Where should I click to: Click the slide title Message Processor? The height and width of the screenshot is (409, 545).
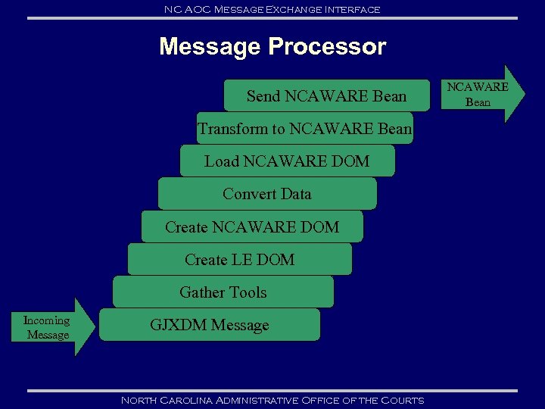coord(272,47)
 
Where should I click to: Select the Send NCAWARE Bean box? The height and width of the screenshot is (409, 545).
coord(326,96)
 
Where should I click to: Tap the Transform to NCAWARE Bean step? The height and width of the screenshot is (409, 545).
coord(304,129)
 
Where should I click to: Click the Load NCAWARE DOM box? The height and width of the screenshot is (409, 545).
coord(287,161)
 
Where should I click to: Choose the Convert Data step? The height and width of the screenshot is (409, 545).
coord(266,194)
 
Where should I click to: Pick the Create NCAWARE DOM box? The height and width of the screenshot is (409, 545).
coord(252,226)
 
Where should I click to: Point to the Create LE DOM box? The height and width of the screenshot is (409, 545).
coord(239,259)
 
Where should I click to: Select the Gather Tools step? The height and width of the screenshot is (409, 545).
coord(223,292)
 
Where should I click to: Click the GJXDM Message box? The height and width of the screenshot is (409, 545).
coord(209,325)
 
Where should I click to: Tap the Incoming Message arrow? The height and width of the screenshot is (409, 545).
coord(49,327)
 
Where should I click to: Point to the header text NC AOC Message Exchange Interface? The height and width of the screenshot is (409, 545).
coord(272,9)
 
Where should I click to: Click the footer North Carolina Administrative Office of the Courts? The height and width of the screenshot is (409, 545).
coord(272,400)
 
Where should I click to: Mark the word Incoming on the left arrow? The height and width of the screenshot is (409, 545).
coord(46,320)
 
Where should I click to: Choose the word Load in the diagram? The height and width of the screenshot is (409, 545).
coord(220,161)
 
